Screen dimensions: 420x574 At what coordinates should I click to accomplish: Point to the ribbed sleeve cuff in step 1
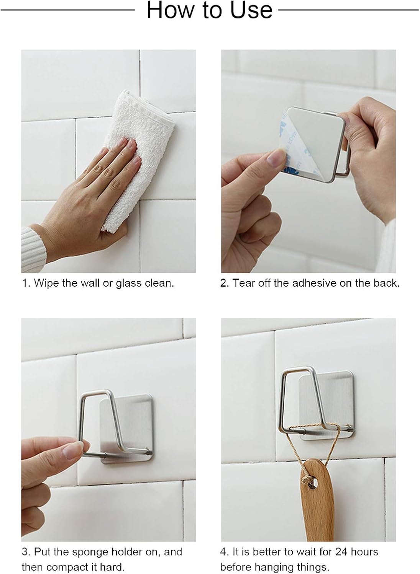tap(33, 250)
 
